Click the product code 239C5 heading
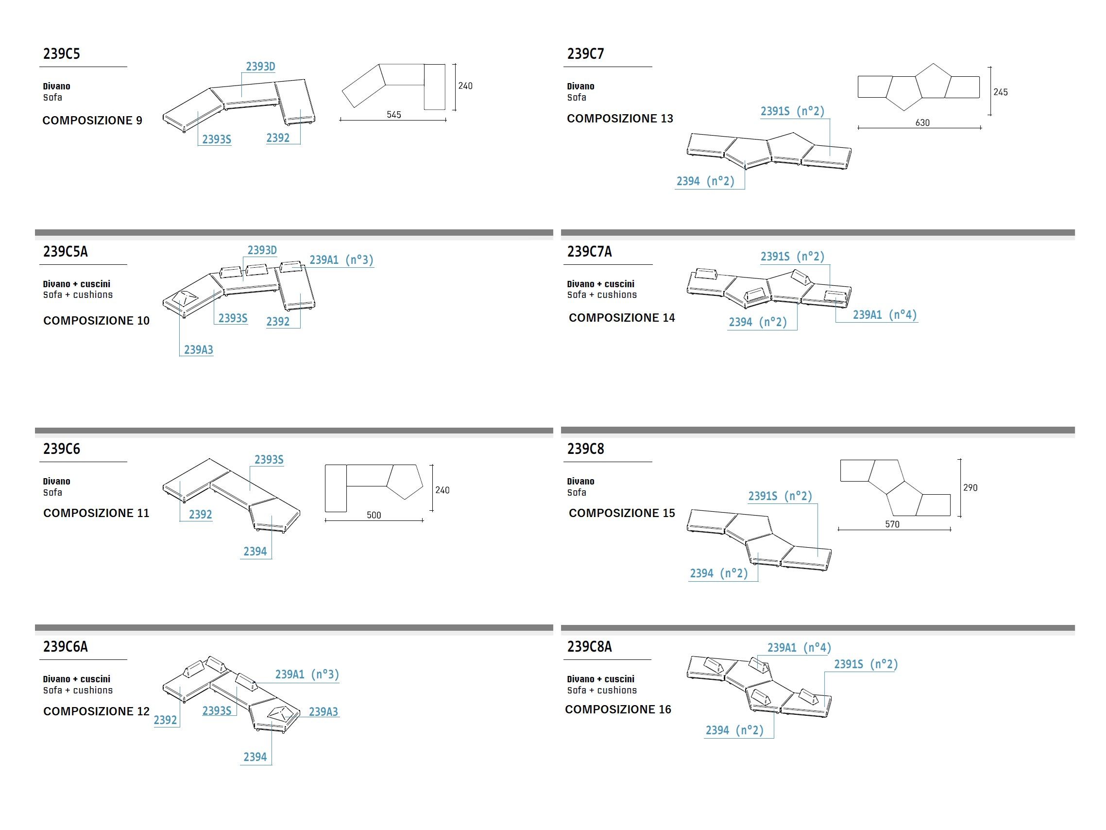coord(62,54)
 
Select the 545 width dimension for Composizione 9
coord(393,115)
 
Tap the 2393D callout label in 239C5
coord(260,67)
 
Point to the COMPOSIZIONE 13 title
coord(619,119)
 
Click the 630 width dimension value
coord(922,122)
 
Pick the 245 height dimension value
coord(1000,92)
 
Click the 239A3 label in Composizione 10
coord(198,350)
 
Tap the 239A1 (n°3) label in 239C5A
coord(341,260)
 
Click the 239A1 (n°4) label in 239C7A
coord(885,315)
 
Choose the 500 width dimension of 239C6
coord(374,515)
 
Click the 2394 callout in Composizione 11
coord(255,552)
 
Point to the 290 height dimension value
coord(970,487)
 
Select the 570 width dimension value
coord(892,524)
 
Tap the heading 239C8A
coord(589,646)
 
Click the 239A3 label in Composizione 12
coord(323,711)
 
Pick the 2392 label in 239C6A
coord(165,720)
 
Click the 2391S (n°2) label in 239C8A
coord(866,664)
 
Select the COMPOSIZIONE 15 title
coord(622,513)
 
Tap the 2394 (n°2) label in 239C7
coord(705,181)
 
